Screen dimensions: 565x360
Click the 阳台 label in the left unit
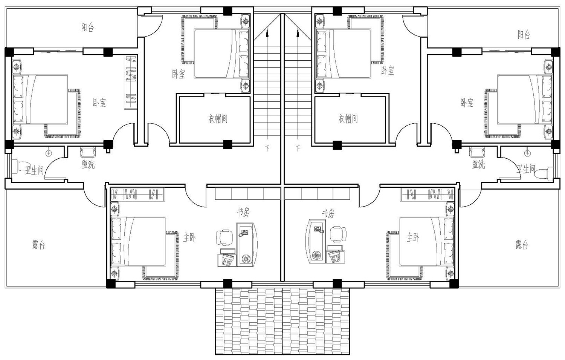coord(87,27)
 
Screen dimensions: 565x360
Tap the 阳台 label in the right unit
coord(524,35)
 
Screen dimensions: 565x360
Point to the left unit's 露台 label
coord(39,245)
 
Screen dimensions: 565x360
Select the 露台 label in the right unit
coord(522,245)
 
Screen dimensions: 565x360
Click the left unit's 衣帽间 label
coord(218,119)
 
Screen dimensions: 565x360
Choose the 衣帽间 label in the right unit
coord(348,119)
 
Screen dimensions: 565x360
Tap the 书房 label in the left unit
coord(243,212)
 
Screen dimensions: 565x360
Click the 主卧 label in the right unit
coord(413,237)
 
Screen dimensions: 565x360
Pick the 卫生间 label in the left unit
coord(34,171)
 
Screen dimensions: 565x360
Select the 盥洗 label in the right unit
coord(478,165)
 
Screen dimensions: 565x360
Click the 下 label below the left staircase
coord(267,148)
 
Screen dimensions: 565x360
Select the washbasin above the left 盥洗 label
coord(88,152)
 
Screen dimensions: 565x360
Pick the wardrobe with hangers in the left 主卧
coord(138,195)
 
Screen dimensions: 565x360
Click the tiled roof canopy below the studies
coord(282,322)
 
